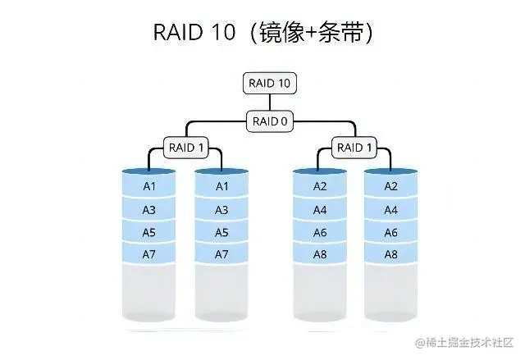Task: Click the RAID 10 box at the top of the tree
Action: point(270,83)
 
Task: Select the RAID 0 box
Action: point(270,121)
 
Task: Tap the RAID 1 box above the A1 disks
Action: point(186,148)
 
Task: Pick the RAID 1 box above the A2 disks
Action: point(354,148)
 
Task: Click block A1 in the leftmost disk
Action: point(149,186)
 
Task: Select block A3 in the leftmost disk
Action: point(149,210)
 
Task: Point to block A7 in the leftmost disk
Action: point(149,254)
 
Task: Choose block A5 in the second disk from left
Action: point(221,232)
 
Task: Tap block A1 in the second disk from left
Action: point(221,186)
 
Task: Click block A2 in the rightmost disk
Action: point(390,186)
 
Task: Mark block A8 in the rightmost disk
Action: point(390,254)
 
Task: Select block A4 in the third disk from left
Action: point(320,210)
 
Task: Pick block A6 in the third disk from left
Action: point(320,232)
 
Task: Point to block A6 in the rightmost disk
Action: point(390,232)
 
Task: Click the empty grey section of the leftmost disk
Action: point(149,291)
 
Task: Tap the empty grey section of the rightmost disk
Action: point(390,291)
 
